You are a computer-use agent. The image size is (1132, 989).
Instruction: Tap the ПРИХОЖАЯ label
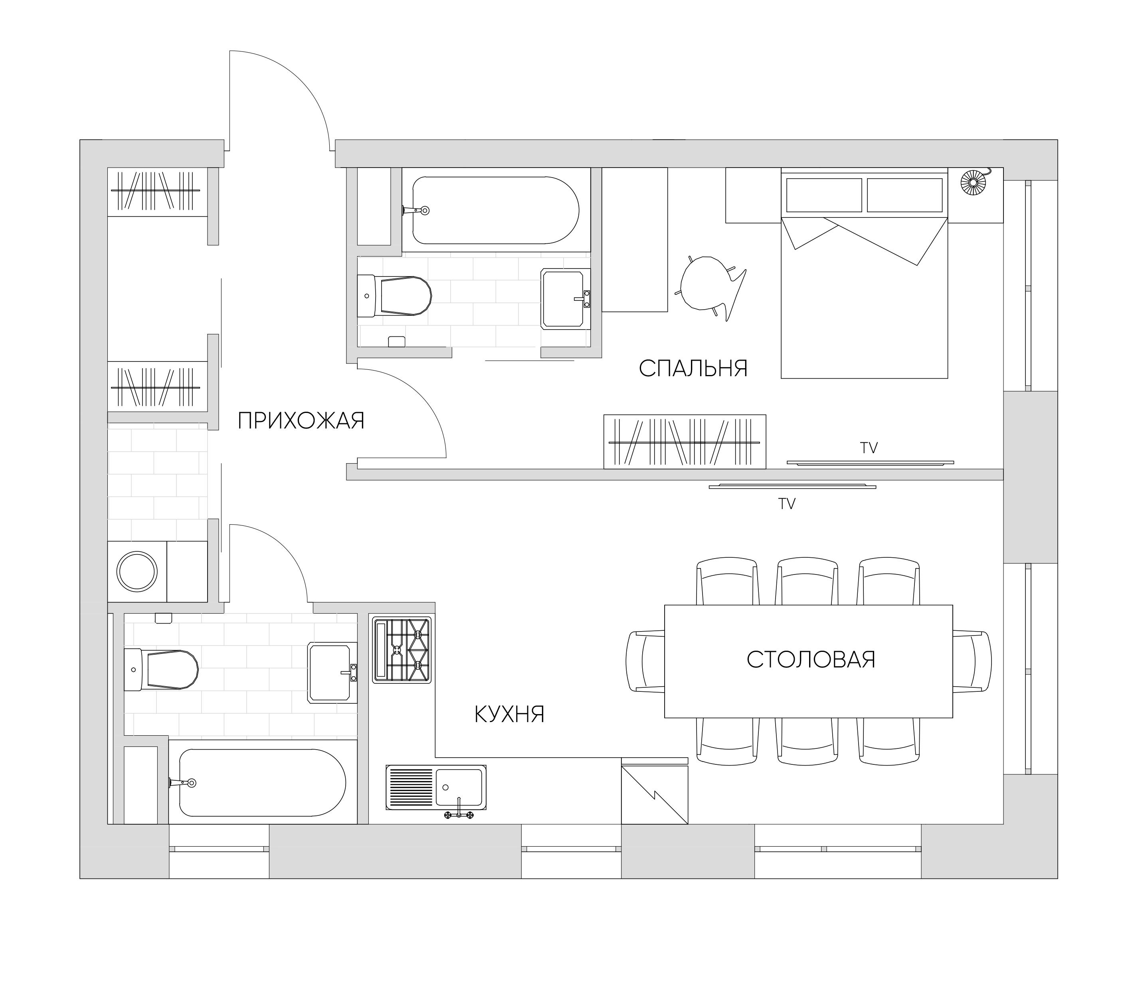coord(301,421)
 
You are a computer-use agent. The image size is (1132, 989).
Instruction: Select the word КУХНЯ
coord(509,714)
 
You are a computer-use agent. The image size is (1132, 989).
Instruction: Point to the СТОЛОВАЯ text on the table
coord(811,659)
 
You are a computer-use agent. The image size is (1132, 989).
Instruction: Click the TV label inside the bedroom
coord(869,448)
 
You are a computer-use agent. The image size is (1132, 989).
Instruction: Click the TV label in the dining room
coord(787,503)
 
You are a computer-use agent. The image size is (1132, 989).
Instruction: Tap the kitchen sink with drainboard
coord(436,788)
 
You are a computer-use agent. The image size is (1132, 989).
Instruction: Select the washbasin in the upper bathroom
coord(564,298)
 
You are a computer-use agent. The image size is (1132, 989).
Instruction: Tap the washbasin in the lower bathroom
coord(331,672)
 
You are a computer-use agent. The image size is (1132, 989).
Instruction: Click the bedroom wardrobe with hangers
coord(685,442)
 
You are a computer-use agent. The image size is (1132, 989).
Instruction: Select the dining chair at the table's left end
coord(645,661)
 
